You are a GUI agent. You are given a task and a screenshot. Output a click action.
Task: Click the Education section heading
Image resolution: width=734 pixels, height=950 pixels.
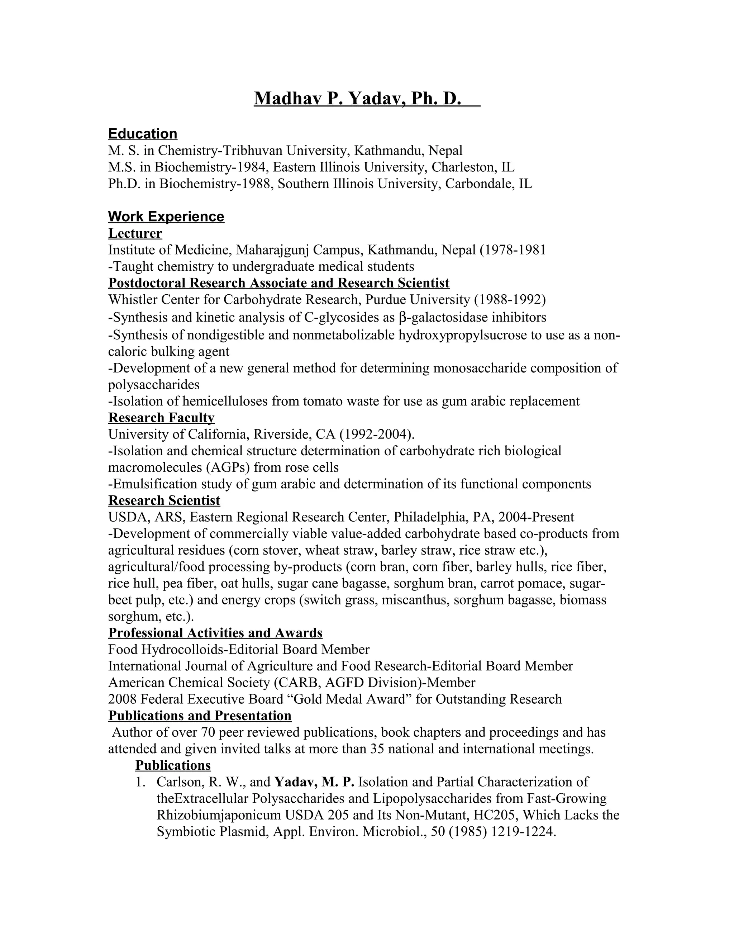click(143, 134)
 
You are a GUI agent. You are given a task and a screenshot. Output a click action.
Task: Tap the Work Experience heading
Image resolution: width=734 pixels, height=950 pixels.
click(166, 216)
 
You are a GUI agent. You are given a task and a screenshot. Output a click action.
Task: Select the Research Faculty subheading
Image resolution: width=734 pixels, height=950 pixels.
click(161, 418)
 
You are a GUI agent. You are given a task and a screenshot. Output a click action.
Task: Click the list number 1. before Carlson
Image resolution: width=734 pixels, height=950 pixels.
click(140, 782)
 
